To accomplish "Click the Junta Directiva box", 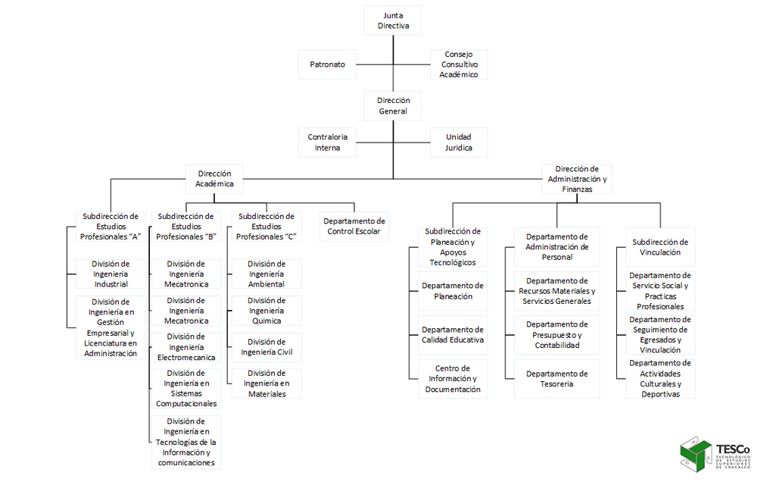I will click(393, 20).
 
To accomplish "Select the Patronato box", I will click(327, 64).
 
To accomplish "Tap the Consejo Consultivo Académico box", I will click(459, 64).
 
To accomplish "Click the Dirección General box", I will click(393, 105).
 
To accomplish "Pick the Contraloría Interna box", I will click(327, 142).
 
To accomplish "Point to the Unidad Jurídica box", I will click(459, 142).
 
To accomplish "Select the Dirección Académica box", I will click(214, 178).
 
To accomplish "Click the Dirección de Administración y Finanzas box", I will click(577, 179).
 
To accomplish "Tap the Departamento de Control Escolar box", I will click(354, 226).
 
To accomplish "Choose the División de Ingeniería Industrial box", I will click(111, 274).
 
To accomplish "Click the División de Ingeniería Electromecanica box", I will click(186, 346).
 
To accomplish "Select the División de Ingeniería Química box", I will click(266, 311).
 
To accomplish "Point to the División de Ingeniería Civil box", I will click(266, 346).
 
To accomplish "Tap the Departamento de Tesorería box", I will click(556, 378).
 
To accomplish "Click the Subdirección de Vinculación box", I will click(660, 247).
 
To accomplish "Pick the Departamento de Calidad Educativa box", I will click(453, 335).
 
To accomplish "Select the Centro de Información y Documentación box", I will click(453, 378).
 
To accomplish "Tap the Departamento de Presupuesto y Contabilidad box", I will click(556, 335).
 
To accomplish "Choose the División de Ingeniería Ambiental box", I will click(266, 274).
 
